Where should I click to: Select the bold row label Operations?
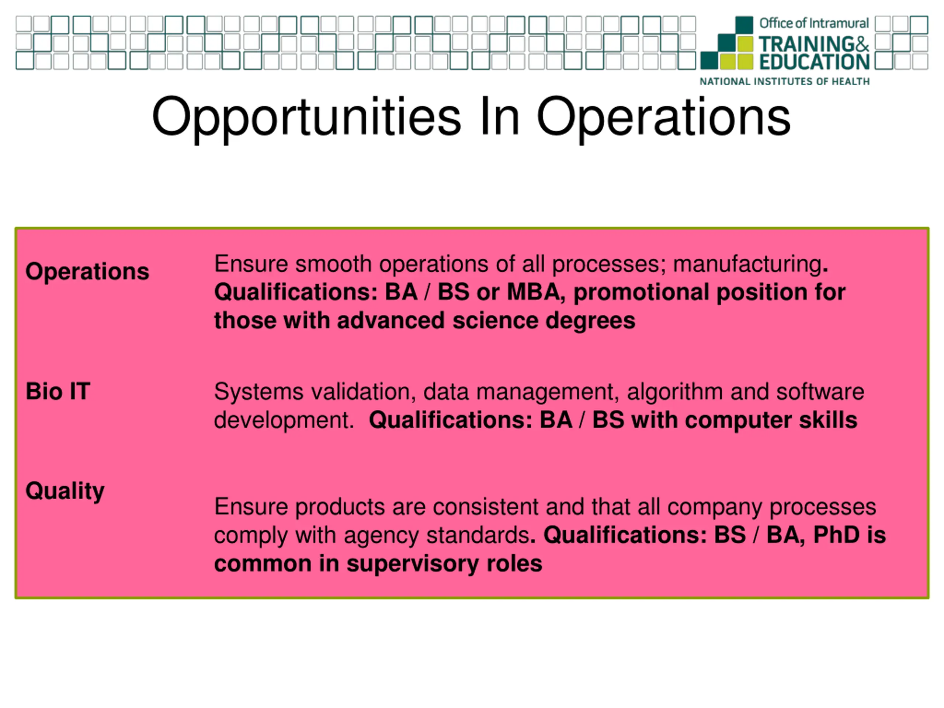pyautogui.click(x=87, y=271)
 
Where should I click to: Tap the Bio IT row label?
pyautogui.click(x=58, y=391)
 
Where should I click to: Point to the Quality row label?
pyautogui.click(x=65, y=491)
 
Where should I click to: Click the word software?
pyautogui.click(x=820, y=392)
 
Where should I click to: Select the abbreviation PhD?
pyautogui.click(x=836, y=535)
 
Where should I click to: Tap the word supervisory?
pyautogui.click(x=413, y=564)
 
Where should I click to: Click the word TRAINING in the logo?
pyautogui.click(x=806, y=44)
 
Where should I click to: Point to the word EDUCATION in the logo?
pyautogui.click(x=814, y=62)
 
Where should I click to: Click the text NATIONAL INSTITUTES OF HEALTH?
pyautogui.click(x=784, y=81)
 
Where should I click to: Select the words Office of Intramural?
pyautogui.click(x=814, y=23)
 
